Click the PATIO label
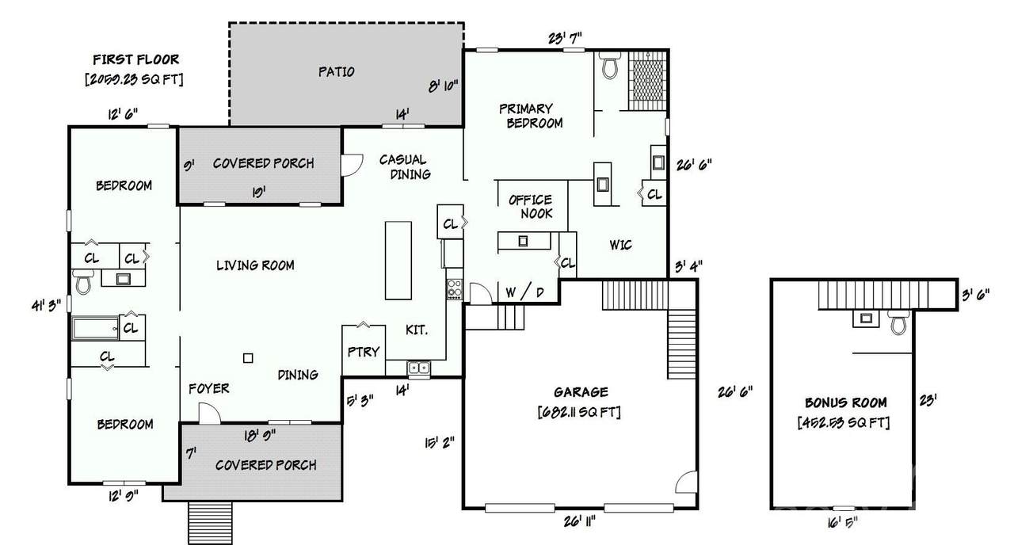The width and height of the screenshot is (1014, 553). (336, 71)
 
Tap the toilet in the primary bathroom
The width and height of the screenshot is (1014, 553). (610, 65)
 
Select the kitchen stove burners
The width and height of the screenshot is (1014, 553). (455, 289)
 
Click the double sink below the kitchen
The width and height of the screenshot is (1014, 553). (419, 368)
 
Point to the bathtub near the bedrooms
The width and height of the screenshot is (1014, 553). (95, 328)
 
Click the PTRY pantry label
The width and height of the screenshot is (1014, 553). (364, 352)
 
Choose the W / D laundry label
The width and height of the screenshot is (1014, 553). (524, 292)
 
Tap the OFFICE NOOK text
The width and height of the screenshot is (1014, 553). (531, 206)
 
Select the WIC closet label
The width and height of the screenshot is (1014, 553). (620, 245)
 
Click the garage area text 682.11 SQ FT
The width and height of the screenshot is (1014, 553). (579, 412)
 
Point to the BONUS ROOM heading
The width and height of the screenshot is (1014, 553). (845, 402)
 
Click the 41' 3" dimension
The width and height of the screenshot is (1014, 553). (46, 306)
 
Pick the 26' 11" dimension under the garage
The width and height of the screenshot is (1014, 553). (579, 522)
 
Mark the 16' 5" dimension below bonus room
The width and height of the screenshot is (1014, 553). (842, 523)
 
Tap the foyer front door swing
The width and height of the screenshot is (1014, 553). (210, 414)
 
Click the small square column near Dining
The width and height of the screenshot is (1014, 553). (248, 358)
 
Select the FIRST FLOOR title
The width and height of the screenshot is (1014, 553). (135, 59)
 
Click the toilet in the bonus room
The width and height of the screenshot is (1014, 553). (899, 322)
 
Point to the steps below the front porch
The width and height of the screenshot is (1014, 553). (210, 523)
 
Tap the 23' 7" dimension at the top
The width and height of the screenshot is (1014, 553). (565, 39)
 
